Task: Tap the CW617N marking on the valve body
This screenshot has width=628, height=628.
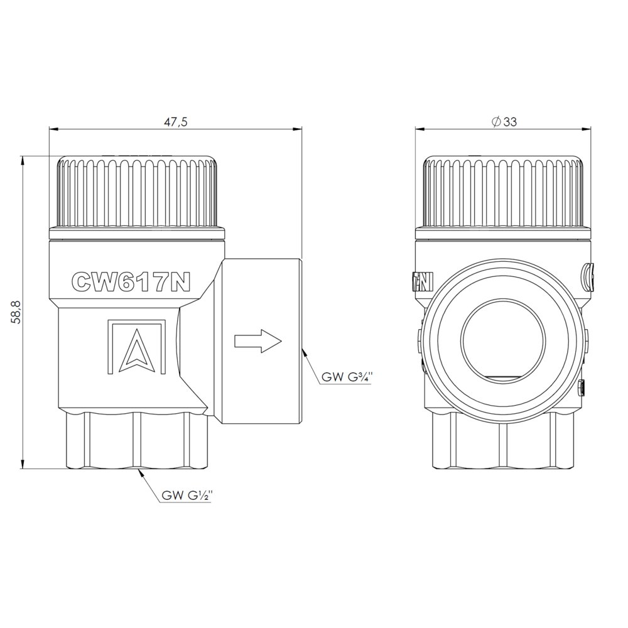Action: point(130,282)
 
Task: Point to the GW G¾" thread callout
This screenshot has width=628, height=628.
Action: point(347,377)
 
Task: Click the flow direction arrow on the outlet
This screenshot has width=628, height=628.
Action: point(258,341)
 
